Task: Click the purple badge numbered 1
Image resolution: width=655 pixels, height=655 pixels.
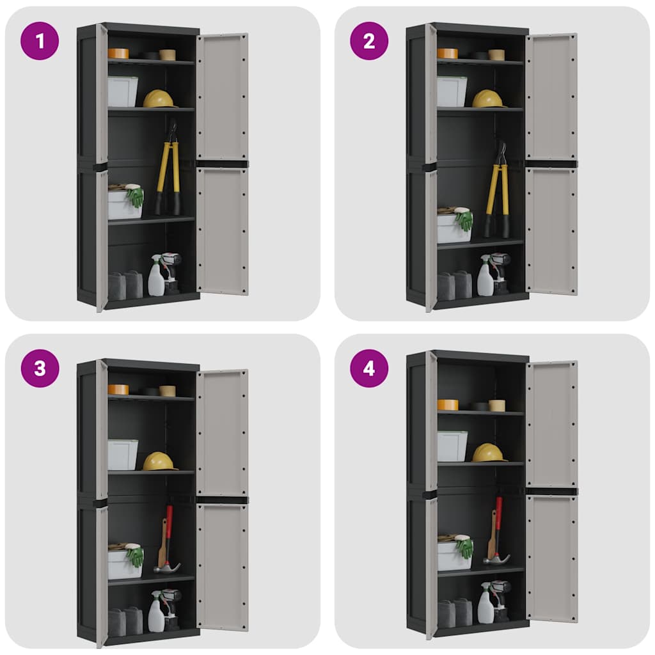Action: click(x=40, y=41)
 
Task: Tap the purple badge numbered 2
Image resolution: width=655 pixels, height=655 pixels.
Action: click(x=369, y=41)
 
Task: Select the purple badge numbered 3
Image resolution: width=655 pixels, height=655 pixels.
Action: click(x=40, y=368)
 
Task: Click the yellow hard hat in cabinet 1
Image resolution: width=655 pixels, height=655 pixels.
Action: click(x=159, y=99)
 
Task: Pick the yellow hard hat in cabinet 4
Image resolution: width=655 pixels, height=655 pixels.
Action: click(x=488, y=453)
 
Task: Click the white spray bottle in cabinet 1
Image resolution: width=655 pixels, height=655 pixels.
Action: click(x=155, y=278)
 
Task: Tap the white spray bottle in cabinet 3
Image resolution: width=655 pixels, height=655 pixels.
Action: click(x=155, y=613)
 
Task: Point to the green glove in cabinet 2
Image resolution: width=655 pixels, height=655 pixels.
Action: click(x=464, y=221)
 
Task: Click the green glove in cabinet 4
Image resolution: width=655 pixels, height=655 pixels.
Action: click(x=465, y=548)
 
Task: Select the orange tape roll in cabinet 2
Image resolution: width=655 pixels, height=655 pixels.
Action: click(x=447, y=54)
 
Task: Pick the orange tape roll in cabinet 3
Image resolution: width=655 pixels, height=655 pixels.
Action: click(x=118, y=389)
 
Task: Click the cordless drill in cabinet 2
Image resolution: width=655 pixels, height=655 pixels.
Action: click(x=500, y=271)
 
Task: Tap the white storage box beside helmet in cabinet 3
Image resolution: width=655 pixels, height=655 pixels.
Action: click(x=122, y=455)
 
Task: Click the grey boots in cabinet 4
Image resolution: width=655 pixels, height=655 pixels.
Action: click(x=454, y=612)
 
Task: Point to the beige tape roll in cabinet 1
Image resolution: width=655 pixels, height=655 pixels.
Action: click(x=168, y=54)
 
